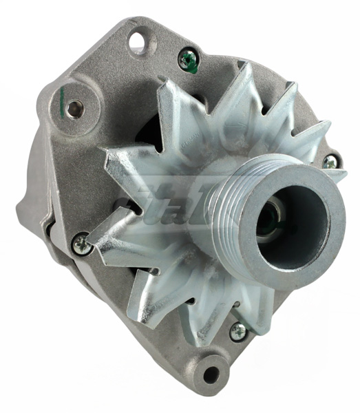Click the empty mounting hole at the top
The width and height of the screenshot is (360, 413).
point(139,43)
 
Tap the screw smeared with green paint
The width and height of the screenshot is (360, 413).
point(187,61)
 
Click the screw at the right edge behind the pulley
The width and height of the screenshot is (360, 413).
point(330,161)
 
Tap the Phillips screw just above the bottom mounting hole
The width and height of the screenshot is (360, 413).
point(238,331)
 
